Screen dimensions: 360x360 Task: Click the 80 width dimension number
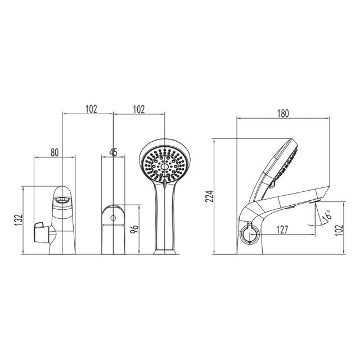tap(55, 152)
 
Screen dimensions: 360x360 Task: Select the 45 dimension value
tap(114, 152)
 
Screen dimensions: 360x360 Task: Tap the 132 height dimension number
tap(19, 220)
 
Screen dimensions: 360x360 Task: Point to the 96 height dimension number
tap(134, 229)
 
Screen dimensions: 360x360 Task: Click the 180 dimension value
tap(283, 114)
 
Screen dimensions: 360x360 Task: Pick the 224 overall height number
tap(209, 196)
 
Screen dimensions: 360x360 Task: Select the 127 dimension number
tap(282, 229)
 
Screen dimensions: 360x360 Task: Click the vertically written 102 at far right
tap(339, 229)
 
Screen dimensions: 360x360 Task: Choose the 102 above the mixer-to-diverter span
tap(91, 109)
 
